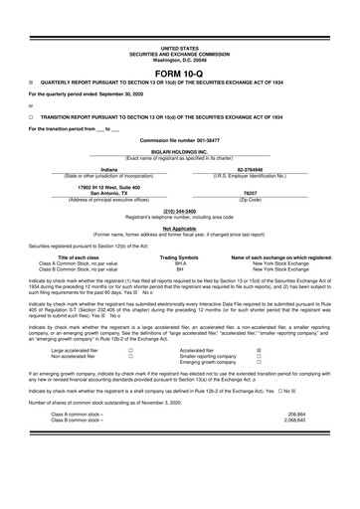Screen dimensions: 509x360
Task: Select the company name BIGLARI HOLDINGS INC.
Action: pos(179,152)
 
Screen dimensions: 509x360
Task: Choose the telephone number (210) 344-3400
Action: pos(179,210)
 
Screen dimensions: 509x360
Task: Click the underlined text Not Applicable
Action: pos(179,228)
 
